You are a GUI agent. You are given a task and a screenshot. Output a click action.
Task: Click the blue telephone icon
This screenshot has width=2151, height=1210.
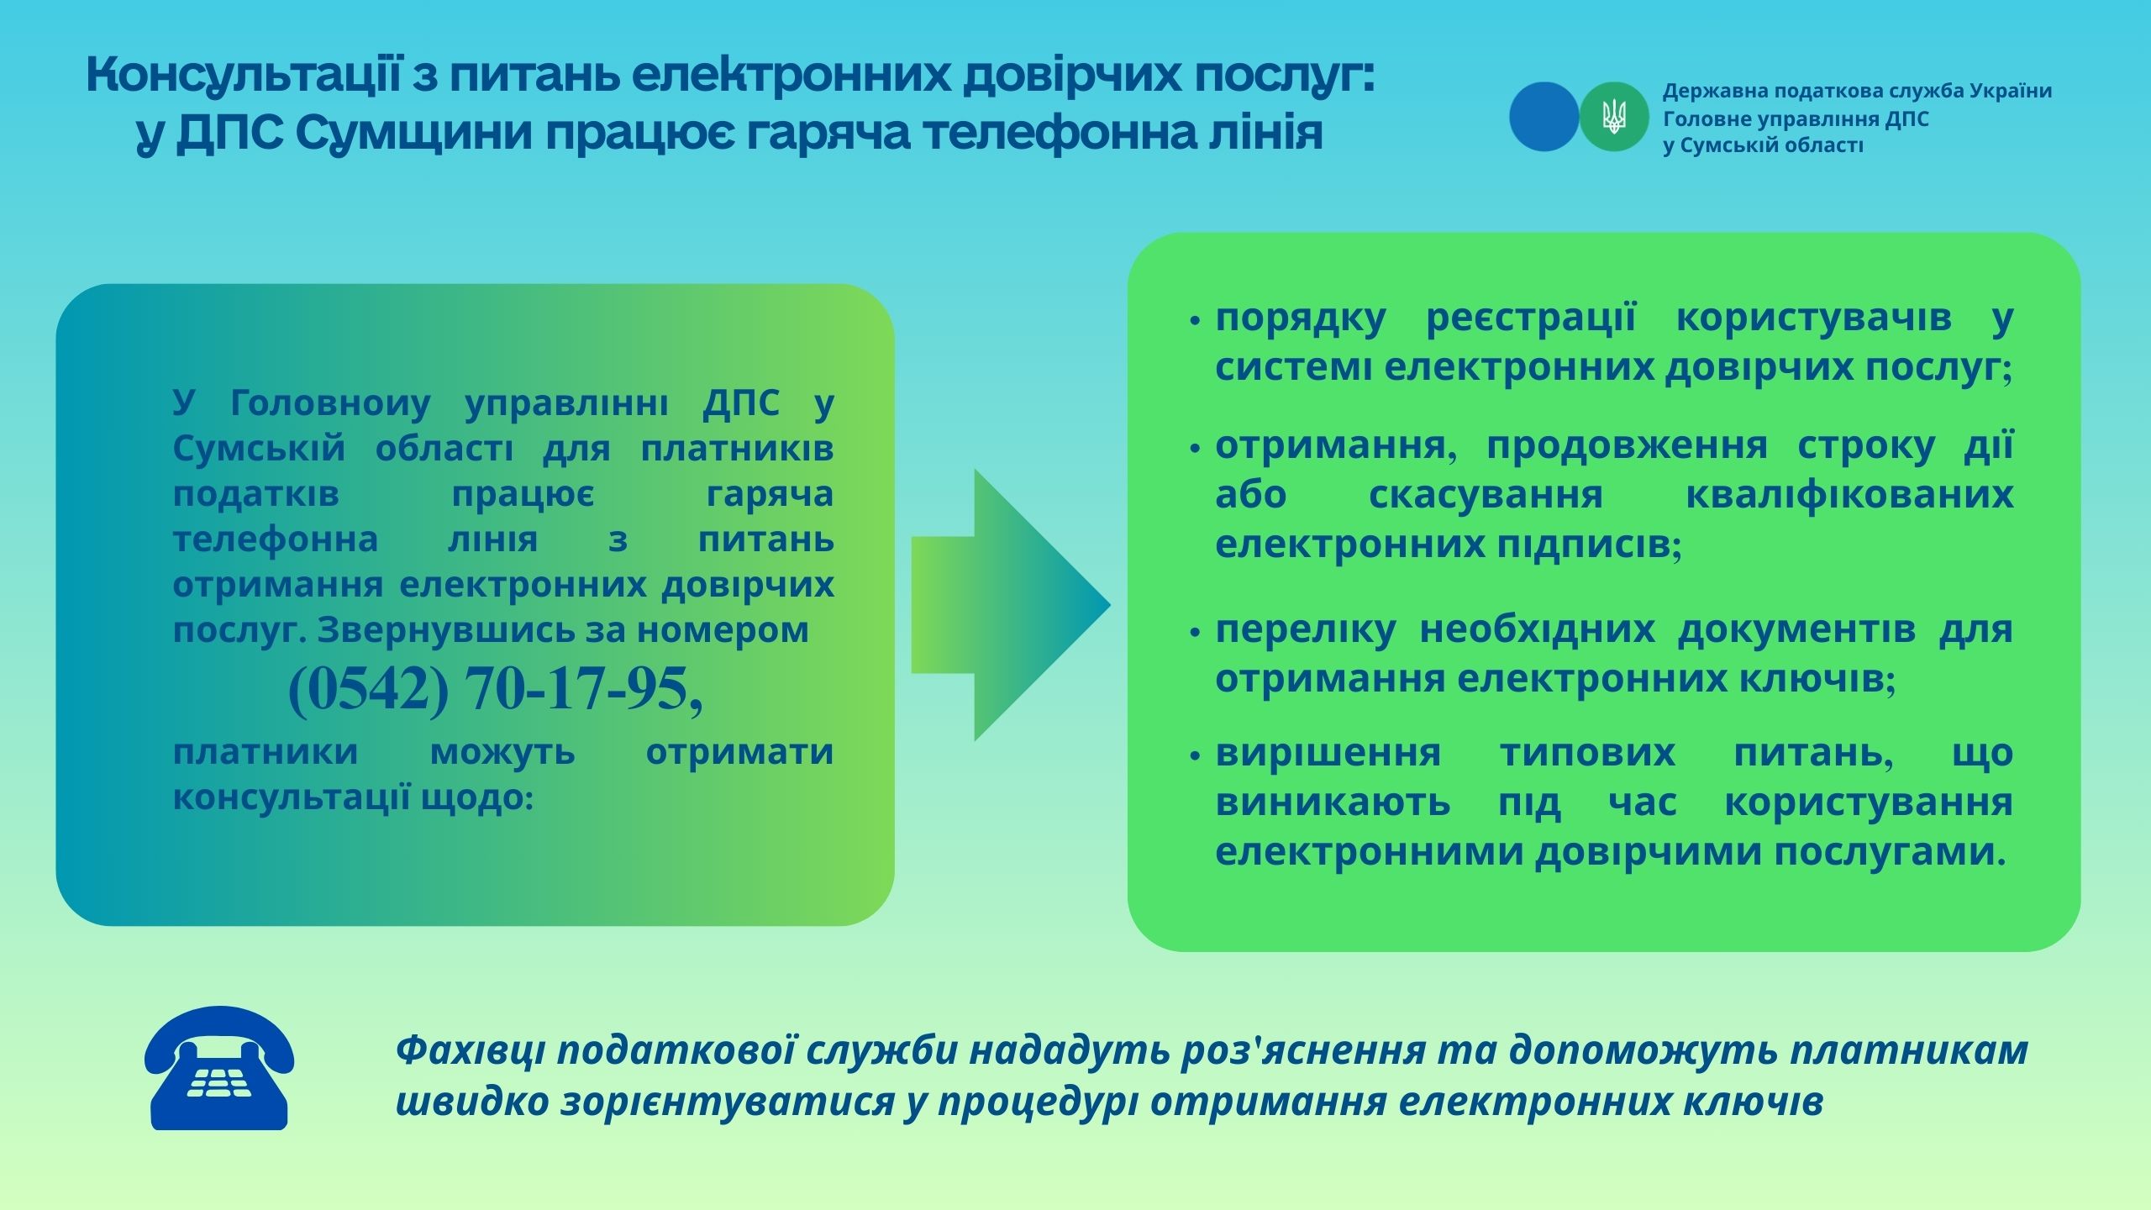point(219,1068)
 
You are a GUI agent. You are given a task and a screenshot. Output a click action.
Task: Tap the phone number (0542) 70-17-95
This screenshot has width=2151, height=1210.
point(496,689)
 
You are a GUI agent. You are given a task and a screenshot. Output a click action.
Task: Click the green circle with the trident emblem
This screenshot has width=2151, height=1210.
point(1613,117)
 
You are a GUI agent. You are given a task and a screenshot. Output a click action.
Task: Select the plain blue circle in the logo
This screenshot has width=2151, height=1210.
point(1544,117)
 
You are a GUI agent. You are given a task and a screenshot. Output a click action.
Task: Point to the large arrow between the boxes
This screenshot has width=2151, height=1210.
point(1011,605)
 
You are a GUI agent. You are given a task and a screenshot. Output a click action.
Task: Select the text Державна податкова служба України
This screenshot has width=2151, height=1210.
point(1858,91)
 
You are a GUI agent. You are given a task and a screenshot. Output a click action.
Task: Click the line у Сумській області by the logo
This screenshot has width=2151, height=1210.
point(1763,145)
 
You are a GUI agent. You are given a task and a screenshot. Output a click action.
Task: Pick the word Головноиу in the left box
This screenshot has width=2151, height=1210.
point(330,403)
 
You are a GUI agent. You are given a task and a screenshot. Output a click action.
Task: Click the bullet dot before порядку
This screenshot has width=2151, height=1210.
point(1195,321)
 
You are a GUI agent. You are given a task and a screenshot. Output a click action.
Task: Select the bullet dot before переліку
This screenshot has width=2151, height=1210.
point(1195,633)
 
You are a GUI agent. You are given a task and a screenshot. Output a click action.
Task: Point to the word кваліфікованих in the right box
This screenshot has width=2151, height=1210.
point(1849,495)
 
